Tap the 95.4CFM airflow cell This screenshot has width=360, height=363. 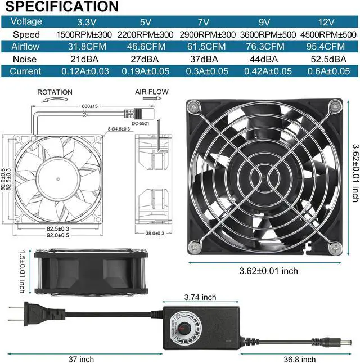[325, 46]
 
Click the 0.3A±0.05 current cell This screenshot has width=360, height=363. [205, 71]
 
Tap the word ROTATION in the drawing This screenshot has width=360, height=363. [55, 92]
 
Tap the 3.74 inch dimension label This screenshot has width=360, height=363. [201, 297]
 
